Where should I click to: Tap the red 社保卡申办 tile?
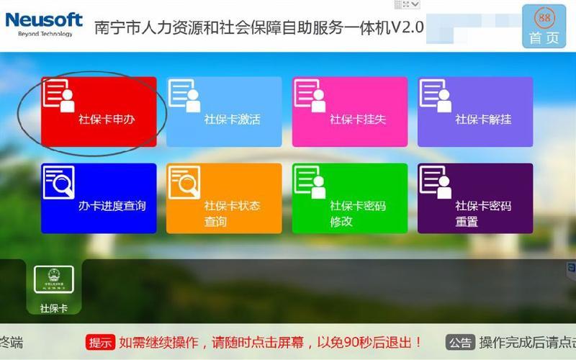pyautogui.click(x=99, y=112)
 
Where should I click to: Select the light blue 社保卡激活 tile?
pyautogui.click(x=224, y=112)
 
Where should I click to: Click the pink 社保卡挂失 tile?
pyautogui.click(x=349, y=112)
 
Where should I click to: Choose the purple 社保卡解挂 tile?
pyautogui.click(x=475, y=112)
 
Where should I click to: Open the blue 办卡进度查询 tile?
pyautogui.click(x=99, y=198)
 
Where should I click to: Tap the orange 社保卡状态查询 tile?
pyautogui.click(x=224, y=198)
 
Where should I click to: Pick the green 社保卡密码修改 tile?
pyautogui.click(x=349, y=198)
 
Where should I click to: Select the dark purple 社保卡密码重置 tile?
pyautogui.click(x=475, y=198)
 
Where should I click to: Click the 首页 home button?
pyautogui.click(x=544, y=37)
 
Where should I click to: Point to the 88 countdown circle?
pyautogui.click(x=544, y=16)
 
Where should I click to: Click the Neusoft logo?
pyautogui.click(x=44, y=19)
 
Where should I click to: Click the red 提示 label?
pyautogui.click(x=101, y=343)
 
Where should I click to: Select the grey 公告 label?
pyautogui.click(x=460, y=343)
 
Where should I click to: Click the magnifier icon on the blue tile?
pyautogui.click(x=59, y=183)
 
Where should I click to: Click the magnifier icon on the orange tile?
pyautogui.click(x=184, y=183)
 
